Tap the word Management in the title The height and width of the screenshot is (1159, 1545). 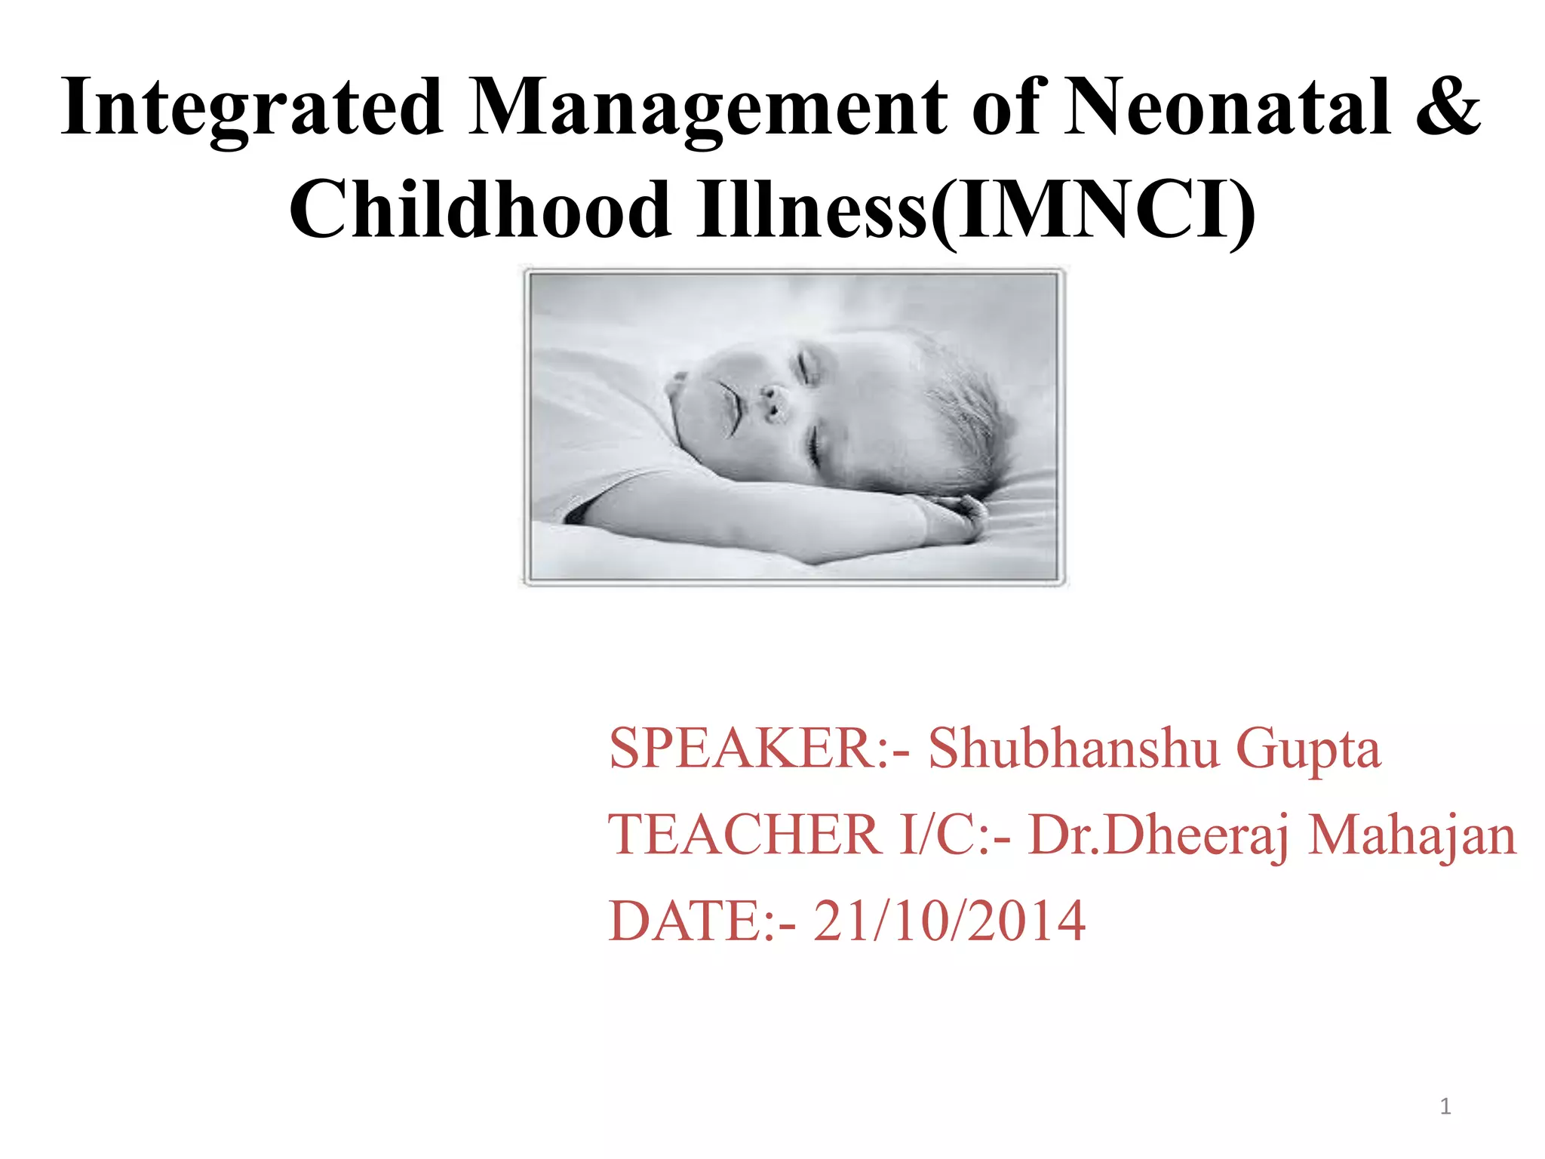point(707,108)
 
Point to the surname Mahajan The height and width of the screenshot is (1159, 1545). point(1411,835)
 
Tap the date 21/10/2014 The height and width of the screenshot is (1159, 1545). point(949,921)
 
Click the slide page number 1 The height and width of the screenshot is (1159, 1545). point(1445,1107)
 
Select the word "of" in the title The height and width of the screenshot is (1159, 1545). point(1007,108)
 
